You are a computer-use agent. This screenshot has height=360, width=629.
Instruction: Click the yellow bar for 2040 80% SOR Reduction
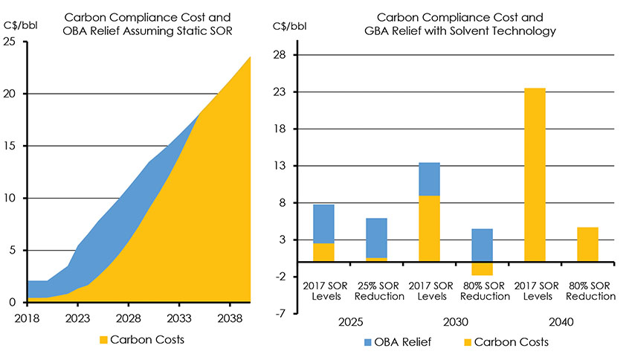587,244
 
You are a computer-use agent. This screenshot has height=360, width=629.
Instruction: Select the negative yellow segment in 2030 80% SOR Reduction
482,269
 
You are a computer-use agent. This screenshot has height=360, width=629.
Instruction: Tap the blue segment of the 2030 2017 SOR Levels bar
429,179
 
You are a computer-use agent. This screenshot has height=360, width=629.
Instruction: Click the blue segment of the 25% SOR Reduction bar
376,238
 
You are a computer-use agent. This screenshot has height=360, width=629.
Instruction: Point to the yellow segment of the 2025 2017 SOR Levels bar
323,252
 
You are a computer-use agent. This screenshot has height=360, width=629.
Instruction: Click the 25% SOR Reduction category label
376,291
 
